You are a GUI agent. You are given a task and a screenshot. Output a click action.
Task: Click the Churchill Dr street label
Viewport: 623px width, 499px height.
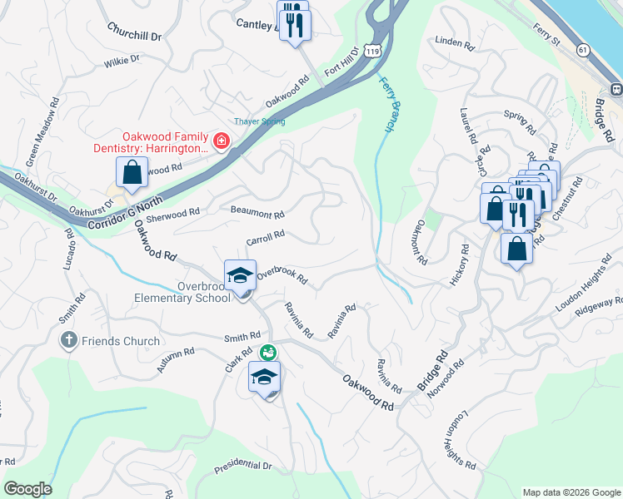(x=133, y=31)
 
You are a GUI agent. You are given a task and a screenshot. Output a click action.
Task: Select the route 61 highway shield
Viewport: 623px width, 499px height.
(x=583, y=51)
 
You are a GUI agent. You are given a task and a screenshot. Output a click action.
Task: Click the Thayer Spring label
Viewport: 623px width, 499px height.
(x=259, y=121)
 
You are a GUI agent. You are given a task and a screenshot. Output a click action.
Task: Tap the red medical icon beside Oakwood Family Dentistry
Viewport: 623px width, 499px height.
(x=222, y=141)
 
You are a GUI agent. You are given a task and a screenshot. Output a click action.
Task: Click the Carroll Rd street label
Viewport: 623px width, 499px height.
(x=266, y=238)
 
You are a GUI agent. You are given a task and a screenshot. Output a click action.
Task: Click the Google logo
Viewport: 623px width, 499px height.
(x=28, y=489)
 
